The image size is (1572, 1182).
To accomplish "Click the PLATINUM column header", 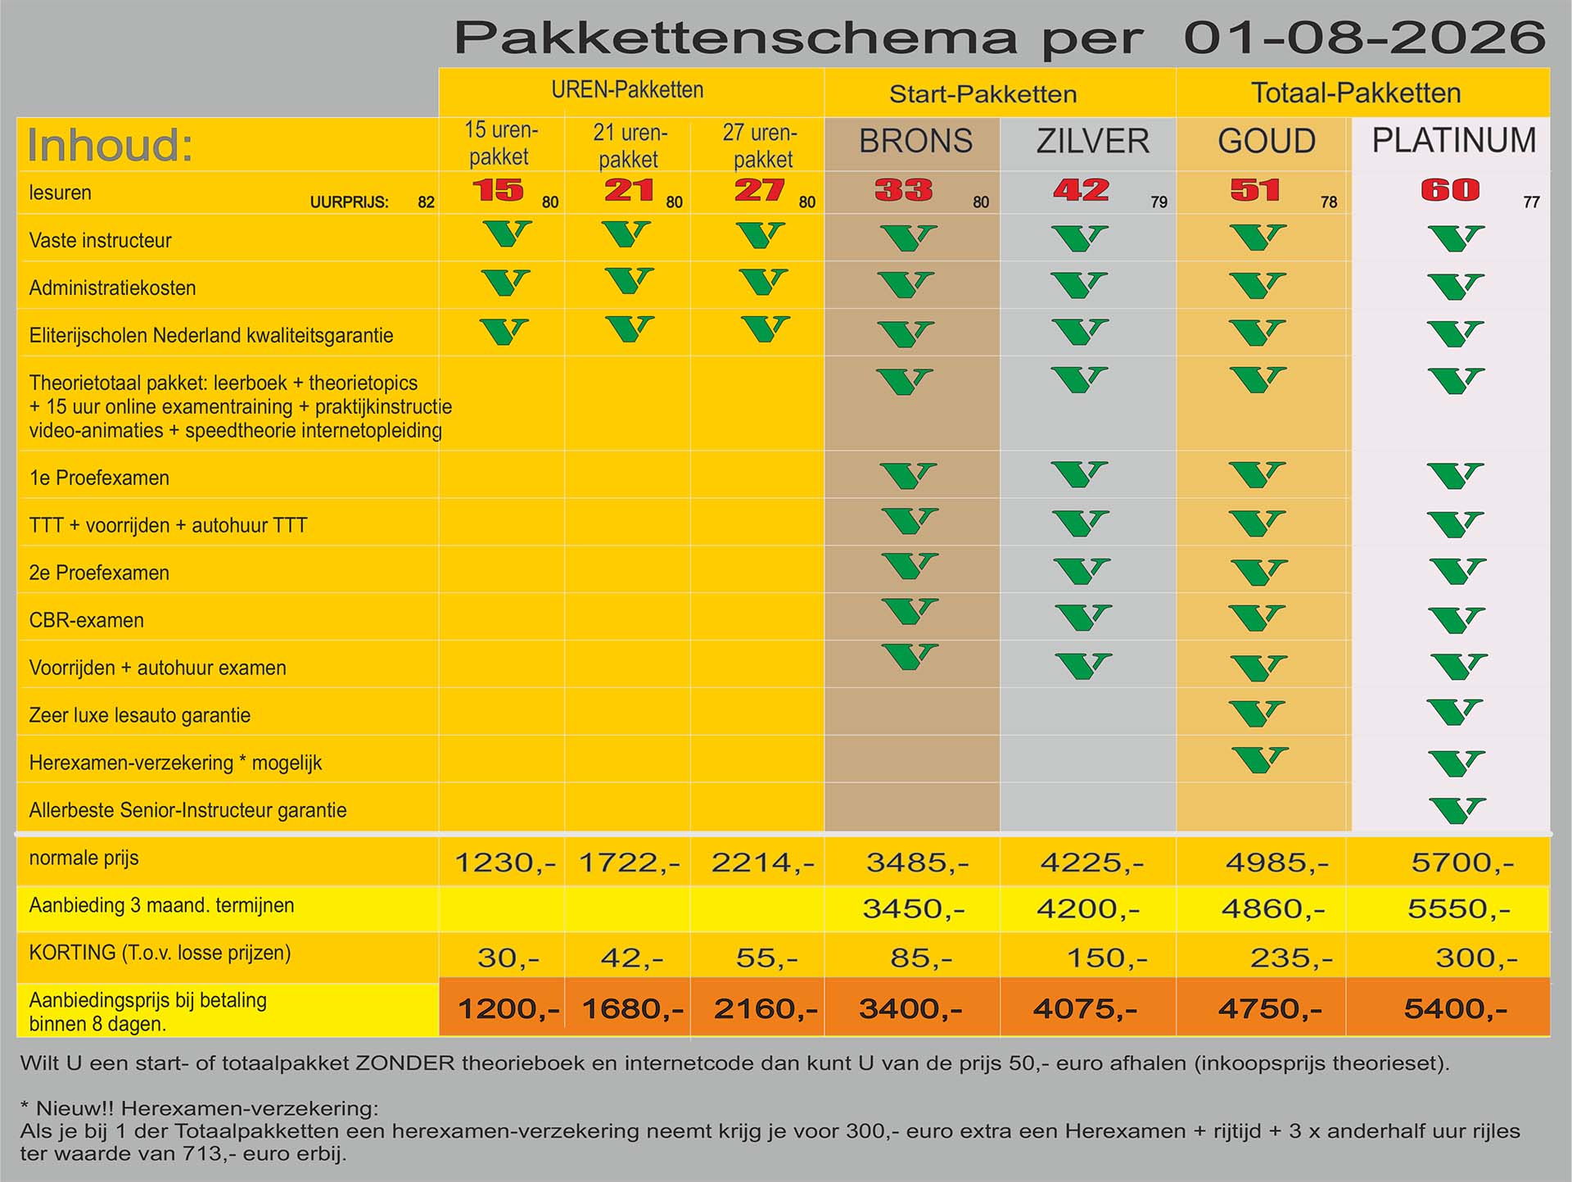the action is point(1454,140).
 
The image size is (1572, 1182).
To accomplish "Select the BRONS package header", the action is point(915,141).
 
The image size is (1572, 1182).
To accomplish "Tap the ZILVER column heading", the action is point(1092,141).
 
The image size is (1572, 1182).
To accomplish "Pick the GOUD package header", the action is point(1267,141).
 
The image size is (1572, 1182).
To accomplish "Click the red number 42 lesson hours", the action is point(1081,190).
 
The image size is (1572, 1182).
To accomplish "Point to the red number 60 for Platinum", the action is point(1450,190).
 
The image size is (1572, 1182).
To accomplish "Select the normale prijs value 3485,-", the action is point(918,862).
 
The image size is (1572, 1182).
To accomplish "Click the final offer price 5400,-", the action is point(1456,1008).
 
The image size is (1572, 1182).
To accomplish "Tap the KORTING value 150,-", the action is point(1107,957).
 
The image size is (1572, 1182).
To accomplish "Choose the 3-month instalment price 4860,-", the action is point(1273,908).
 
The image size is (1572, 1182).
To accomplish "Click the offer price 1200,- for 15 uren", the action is point(508,1008).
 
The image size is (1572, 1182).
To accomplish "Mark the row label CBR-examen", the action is point(87,620).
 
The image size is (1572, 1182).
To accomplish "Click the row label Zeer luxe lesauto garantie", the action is point(140,715).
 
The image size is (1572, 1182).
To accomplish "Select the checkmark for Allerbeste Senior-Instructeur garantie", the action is point(1457,810).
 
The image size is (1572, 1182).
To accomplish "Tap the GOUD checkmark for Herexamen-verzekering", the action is point(1259,760).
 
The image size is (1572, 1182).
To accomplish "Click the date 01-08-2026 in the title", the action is point(1365,38).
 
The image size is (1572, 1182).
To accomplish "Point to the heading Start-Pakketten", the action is point(982,93).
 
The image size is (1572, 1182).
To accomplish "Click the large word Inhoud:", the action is point(110,145).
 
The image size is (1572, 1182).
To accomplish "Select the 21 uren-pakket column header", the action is point(629,145).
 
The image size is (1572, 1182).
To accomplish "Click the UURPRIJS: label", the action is point(349,202).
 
